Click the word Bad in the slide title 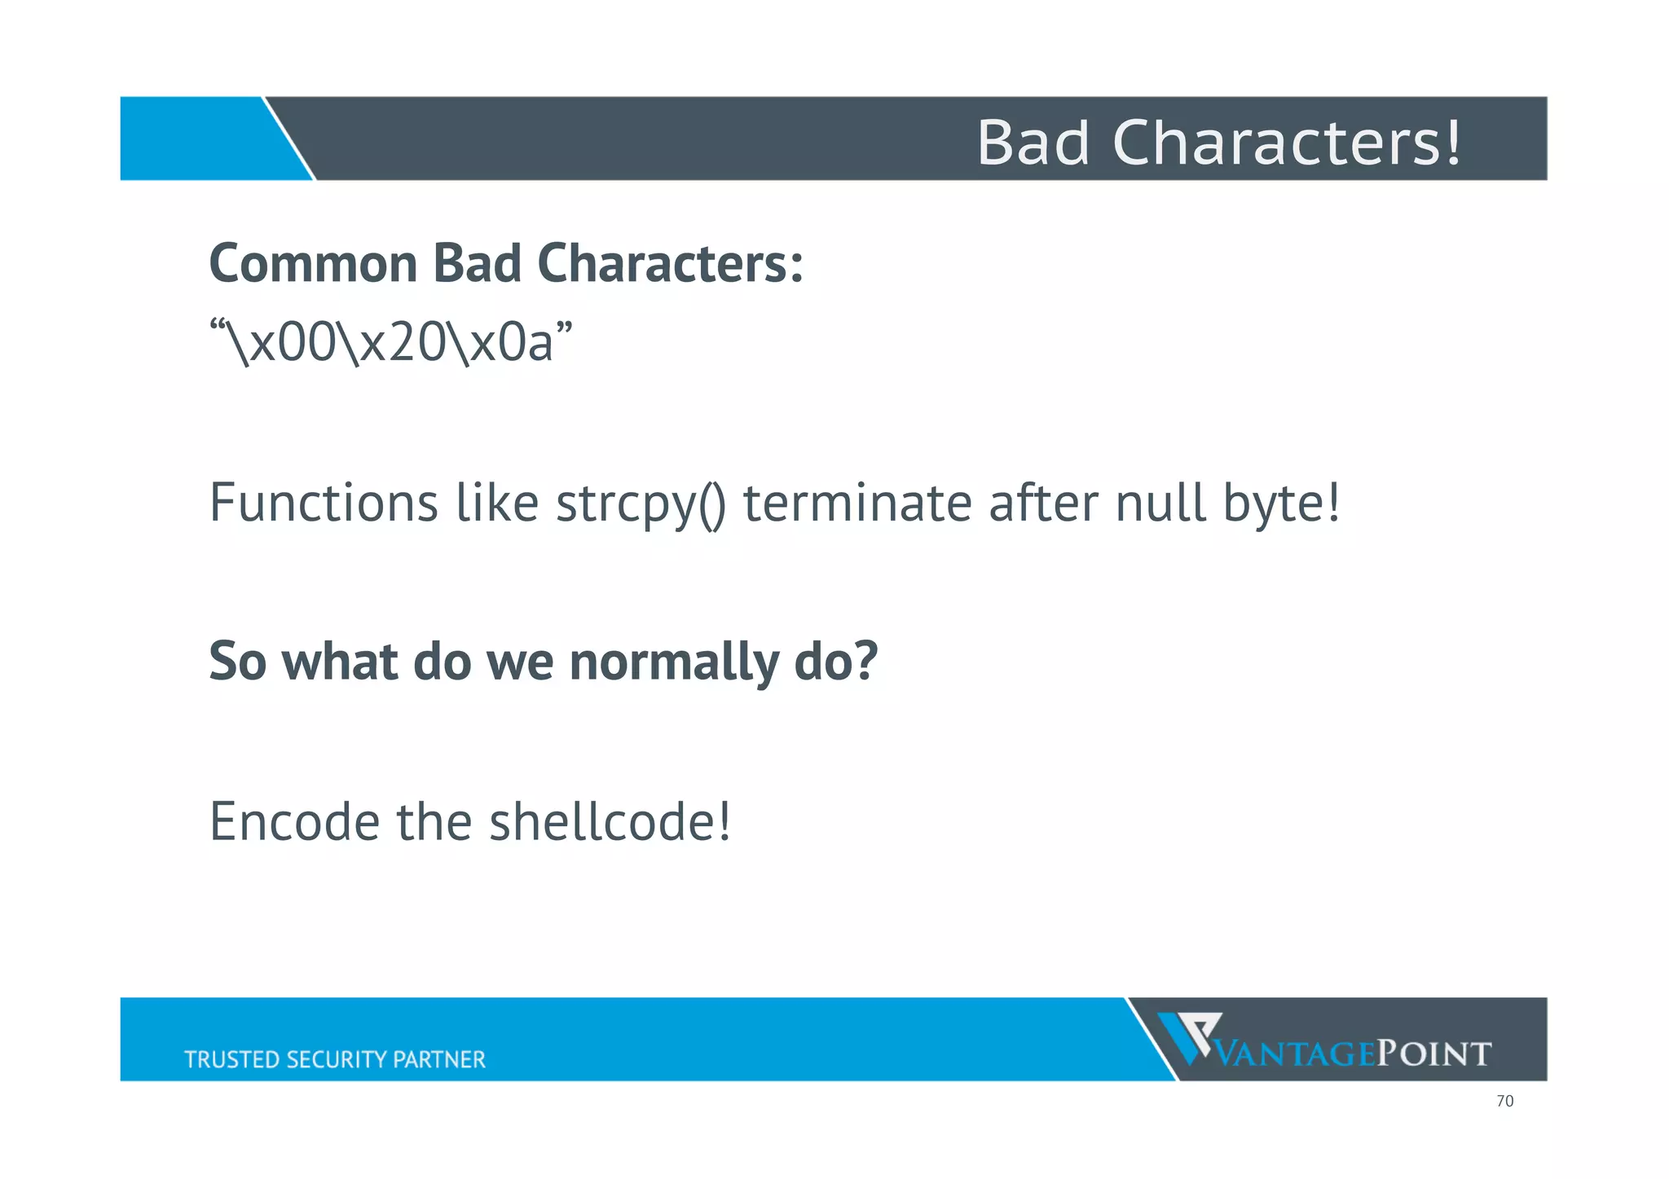click(1033, 143)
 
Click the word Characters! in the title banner click(1287, 143)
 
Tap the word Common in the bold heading click(313, 264)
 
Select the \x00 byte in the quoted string click(281, 342)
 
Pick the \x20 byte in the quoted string click(391, 342)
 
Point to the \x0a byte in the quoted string click(501, 342)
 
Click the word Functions click(324, 503)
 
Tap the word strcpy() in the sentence click(641, 504)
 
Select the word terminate click(857, 503)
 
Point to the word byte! click(1281, 504)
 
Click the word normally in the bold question click(673, 662)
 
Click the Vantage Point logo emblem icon click(1189, 1037)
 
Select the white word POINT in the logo click(1433, 1054)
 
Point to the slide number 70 click(1504, 1102)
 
